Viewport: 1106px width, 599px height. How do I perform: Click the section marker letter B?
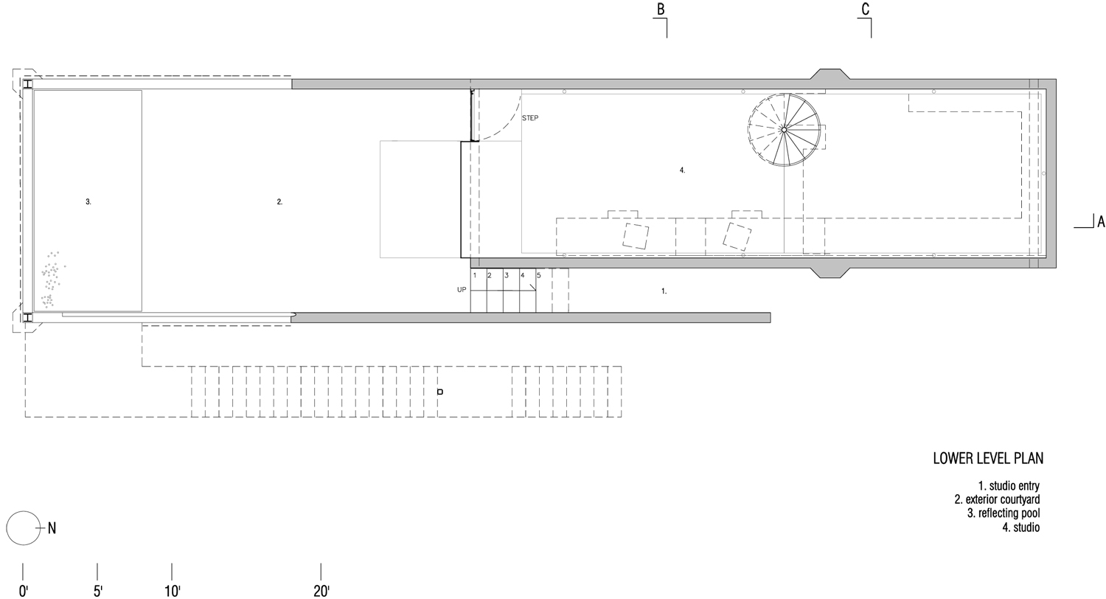pos(661,10)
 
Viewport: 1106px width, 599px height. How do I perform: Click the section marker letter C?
pos(865,10)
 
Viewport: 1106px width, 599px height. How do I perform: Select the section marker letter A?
pos(1101,221)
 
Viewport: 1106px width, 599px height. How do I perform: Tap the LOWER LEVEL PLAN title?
pos(988,459)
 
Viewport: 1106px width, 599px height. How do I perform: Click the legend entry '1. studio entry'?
pos(1009,486)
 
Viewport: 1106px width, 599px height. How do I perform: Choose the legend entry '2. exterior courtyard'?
pos(997,500)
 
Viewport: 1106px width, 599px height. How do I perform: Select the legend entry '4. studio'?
pos(1021,527)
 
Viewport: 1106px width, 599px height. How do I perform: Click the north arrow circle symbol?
pos(23,528)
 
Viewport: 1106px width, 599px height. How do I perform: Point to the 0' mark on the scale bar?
pos(23,590)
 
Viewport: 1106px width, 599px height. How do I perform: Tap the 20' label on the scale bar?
pos(321,590)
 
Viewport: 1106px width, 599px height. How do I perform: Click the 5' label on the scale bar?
pos(97,590)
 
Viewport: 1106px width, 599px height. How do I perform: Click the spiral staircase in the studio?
pos(784,130)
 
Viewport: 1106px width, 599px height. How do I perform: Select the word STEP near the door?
pos(530,118)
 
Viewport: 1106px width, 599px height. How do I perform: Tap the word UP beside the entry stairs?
pos(462,290)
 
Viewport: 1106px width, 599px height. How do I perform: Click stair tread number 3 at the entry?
pos(506,275)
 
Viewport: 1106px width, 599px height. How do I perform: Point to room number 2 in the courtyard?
pos(279,201)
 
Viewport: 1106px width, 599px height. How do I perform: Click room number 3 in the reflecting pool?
pos(88,201)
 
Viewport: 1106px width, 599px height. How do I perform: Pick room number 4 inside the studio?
pos(682,170)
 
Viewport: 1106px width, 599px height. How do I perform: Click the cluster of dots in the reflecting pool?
pos(50,277)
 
